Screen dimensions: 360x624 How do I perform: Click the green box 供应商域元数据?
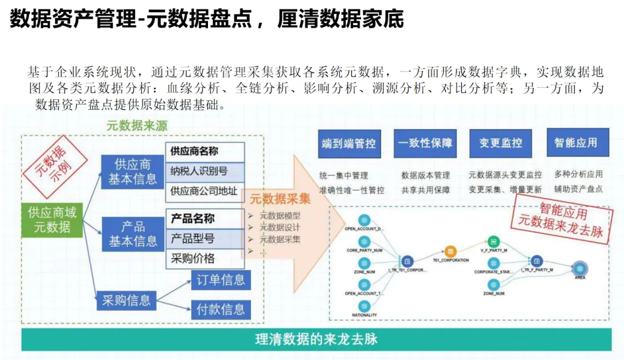(52, 220)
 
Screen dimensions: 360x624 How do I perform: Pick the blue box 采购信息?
(126, 299)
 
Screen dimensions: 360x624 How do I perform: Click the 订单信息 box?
(221, 280)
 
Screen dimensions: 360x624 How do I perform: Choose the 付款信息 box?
(221, 309)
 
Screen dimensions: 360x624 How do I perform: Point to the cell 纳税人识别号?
(205, 171)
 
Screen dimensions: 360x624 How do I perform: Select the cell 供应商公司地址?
(205, 191)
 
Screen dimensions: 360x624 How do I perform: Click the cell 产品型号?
(205, 238)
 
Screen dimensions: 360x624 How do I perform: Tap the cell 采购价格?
(205, 258)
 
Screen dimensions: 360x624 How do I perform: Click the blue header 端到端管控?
(348, 143)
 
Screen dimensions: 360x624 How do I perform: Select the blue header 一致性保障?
(425, 143)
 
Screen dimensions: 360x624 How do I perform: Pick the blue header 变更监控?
(500, 143)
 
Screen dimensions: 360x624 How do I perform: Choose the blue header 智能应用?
(575, 143)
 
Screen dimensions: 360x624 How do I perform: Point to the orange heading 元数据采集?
(280, 199)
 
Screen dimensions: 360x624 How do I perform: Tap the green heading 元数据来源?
(137, 125)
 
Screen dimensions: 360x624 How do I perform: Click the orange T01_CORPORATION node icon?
(450, 251)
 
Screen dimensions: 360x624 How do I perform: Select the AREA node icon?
(580, 268)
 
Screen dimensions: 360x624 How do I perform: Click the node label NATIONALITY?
(364, 315)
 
